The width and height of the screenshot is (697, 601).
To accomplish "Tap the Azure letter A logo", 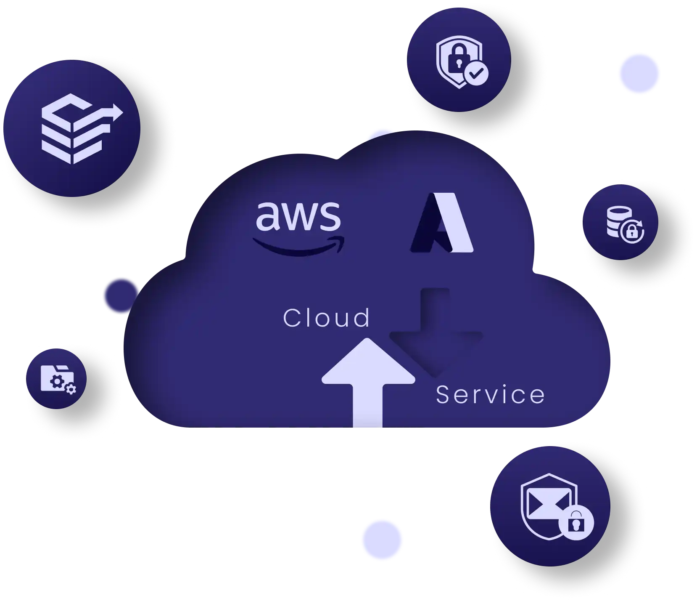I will pos(442,223).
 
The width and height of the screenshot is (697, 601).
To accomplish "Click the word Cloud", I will pos(326,318).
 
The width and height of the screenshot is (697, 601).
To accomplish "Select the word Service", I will pos(490,395).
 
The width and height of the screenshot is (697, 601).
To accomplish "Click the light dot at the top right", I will pos(639,74).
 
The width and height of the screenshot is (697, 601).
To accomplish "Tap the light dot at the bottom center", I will pos(382,539).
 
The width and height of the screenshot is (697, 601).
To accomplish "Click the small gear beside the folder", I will pos(71,389).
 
